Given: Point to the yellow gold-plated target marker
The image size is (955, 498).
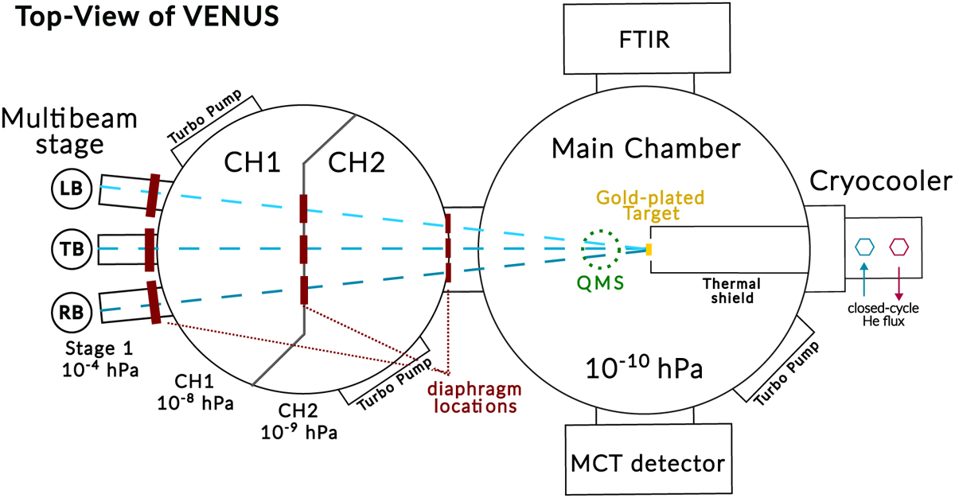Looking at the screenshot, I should (x=649, y=249).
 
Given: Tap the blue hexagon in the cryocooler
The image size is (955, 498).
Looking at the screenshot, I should (x=865, y=246).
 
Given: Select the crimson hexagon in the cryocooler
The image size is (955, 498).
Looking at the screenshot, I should (x=899, y=246).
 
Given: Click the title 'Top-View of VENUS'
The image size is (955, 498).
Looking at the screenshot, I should (x=144, y=18).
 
